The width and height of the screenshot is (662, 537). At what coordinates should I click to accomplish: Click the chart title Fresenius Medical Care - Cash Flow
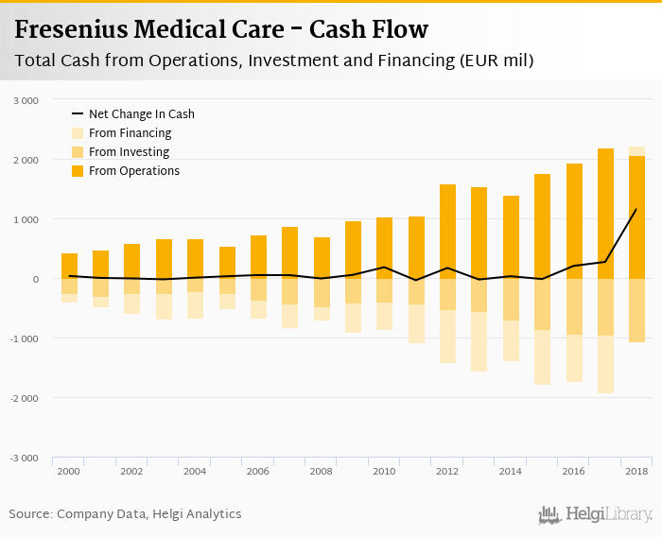pos(221,29)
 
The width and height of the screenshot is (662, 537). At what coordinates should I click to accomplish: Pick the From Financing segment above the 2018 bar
pos(636,151)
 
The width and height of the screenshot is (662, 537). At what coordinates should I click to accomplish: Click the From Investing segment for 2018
pos(636,310)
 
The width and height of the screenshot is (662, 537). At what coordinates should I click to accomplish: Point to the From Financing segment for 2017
pos(605,365)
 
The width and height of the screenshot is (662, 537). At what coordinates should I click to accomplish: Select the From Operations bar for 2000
pos(69,266)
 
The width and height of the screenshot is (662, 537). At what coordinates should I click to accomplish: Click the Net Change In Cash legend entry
pos(141,114)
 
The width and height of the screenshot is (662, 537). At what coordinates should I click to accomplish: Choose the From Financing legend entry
pos(130,133)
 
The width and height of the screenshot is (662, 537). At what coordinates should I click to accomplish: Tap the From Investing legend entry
pos(129,152)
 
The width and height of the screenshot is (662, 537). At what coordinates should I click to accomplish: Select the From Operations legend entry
pos(133,171)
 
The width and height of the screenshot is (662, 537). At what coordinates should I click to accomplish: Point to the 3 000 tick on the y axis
pos(26,100)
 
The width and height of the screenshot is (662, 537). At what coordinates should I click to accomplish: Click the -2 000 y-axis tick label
pos(24,398)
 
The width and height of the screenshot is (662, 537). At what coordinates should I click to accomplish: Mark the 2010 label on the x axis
pos(384,471)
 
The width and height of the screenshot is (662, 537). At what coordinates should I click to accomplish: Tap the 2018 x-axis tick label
pos(636,471)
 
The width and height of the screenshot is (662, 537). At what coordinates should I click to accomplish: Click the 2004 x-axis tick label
pos(195,471)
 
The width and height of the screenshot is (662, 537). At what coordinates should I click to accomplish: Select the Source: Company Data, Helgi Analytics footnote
pos(125,514)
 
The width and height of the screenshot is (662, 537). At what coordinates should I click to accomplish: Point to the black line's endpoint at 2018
pos(636,209)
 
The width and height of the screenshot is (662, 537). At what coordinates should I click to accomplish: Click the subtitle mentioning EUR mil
pos(274,61)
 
